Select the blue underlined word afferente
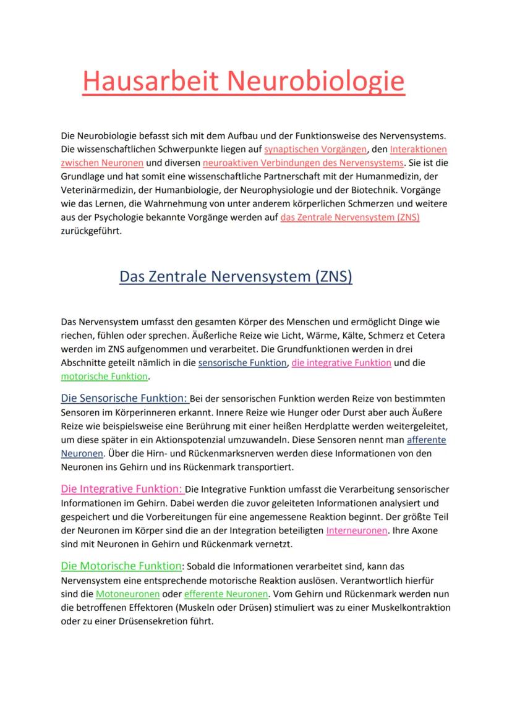pos(426,440)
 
